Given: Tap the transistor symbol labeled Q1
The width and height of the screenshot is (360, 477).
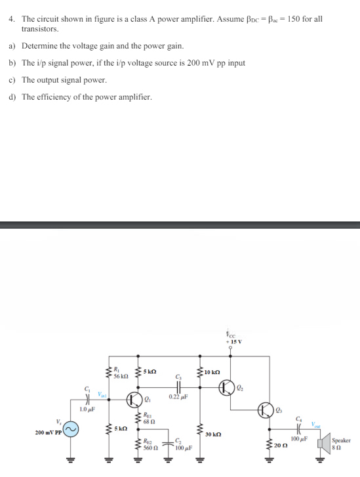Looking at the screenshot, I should pos(135,400).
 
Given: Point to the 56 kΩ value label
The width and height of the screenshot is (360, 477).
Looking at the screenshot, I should pos(121,376).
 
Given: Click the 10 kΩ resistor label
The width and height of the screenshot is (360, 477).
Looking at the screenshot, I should pos(213,372).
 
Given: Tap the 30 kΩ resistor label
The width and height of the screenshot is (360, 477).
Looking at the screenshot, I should pos(214,434).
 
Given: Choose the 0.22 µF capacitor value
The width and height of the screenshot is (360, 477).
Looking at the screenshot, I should pos(177,396).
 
